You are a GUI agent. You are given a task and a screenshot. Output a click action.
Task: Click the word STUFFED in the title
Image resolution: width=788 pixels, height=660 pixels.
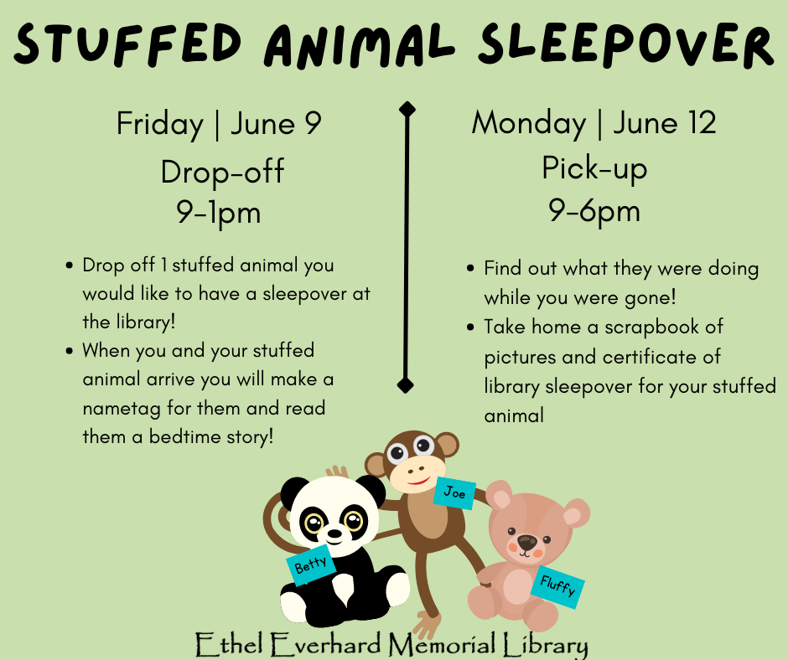[128, 44]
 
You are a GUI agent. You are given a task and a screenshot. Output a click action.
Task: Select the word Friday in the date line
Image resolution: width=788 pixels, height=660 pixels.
[160, 125]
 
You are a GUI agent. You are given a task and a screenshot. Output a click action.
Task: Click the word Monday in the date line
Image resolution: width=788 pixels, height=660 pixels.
[529, 124]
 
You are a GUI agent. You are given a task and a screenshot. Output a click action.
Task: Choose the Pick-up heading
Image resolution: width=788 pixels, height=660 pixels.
[594, 168]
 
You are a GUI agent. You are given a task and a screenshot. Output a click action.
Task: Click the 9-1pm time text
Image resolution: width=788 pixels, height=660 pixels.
[219, 213]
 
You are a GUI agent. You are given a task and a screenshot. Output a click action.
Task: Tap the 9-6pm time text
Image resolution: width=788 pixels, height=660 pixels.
[594, 210]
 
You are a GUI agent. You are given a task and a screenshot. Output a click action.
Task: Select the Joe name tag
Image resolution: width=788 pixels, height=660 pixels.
[455, 492]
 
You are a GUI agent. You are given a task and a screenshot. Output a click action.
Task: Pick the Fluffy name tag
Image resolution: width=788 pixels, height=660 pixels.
[557, 586]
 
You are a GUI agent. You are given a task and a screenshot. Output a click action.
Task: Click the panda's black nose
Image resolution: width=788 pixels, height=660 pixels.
[334, 533]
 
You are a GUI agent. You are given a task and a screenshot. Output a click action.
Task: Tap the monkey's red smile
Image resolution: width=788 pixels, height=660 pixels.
[418, 482]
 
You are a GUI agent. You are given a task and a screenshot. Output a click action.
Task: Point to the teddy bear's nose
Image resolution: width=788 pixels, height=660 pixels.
[526, 543]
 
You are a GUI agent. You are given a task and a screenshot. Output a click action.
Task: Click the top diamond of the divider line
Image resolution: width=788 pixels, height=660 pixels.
[407, 109]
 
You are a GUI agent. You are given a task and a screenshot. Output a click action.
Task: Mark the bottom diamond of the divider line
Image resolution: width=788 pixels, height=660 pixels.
[405, 386]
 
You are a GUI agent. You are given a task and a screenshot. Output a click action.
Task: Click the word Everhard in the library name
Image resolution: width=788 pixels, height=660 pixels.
[325, 644]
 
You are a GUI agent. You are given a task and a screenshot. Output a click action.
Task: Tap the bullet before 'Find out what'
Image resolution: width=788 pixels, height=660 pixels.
[470, 268]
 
